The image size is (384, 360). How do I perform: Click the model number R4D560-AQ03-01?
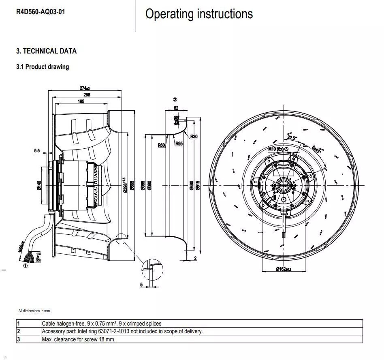[x=40, y=12]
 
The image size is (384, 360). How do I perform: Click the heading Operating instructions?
[x=199, y=14]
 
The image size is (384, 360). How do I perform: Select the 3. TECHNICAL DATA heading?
[x=46, y=51]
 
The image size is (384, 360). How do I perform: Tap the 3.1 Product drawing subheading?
[x=43, y=66]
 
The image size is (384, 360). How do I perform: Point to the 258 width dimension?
[x=86, y=94]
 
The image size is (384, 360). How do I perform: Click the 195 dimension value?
[x=81, y=101]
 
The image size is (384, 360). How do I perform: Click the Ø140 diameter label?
[x=39, y=185]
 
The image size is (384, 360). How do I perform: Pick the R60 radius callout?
[x=162, y=145]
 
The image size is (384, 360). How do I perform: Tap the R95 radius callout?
[x=179, y=143]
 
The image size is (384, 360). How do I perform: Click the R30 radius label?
[x=194, y=136]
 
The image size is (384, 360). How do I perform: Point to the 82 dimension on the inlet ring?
[x=176, y=108]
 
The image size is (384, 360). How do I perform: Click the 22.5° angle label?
[x=292, y=138]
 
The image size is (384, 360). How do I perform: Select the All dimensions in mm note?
[x=34, y=311]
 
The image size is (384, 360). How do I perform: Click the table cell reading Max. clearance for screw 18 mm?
[x=78, y=339]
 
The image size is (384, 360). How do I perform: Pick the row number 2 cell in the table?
[x=19, y=331]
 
